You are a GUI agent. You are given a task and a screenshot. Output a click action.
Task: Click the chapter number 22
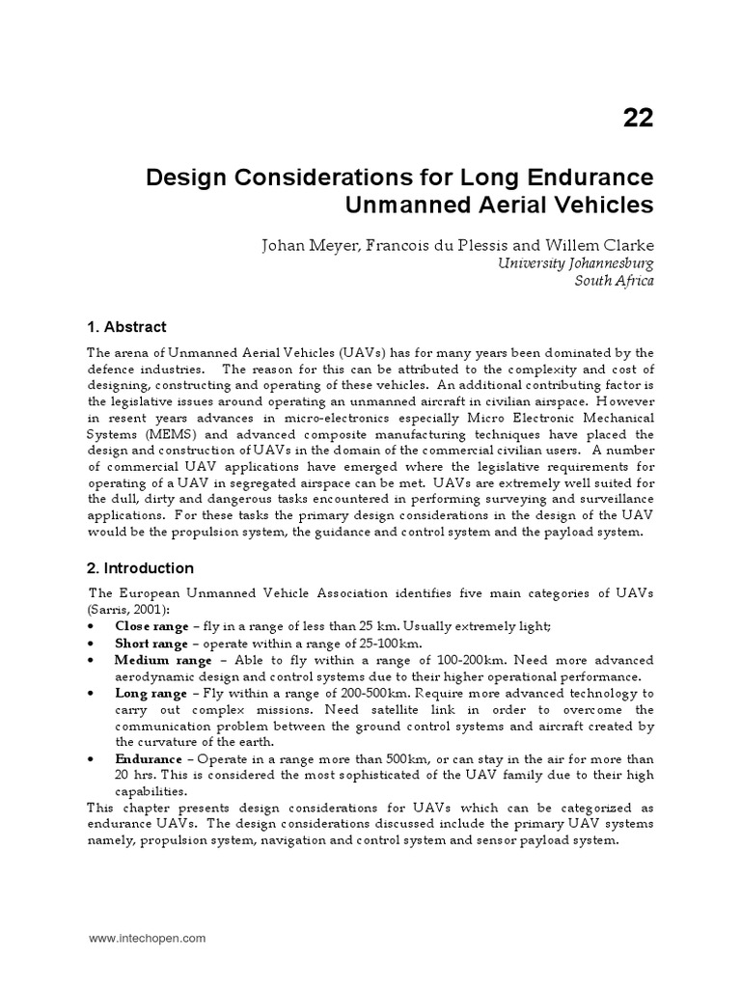[x=637, y=118]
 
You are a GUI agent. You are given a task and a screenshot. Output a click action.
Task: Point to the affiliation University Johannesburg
[x=576, y=262]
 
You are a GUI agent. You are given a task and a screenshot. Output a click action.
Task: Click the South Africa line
[x=614, y=281]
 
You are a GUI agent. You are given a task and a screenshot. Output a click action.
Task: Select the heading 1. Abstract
[x=127, y=327]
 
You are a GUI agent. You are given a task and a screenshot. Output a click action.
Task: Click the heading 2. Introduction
[x=141, y=568]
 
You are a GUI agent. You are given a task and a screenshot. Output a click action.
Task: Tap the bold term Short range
[x=151, y=644]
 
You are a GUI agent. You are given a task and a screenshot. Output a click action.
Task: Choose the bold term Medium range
[x=163, y=660]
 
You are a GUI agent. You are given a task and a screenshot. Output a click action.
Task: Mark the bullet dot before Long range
[x=90, y=694]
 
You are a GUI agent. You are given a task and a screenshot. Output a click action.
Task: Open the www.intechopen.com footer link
[x=147, y=938]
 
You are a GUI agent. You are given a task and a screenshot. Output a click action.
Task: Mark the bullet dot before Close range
[x=90, y=626]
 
